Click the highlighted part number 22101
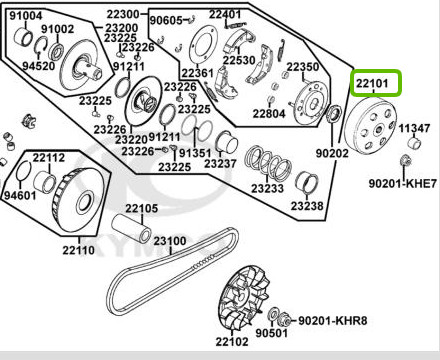pos(372,83)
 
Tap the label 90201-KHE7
pos(402,183)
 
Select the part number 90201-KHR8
pos(332,321)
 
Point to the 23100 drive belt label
pos(170,241)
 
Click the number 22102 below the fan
pos(232,342)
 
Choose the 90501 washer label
pos(271,333)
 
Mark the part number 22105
pos(141,209)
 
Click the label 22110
pos(79,250)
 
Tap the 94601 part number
pos(20,195)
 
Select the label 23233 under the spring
pos(267,189)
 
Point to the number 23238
pos(307,206)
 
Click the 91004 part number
pos(26,16)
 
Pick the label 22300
pos(123,14)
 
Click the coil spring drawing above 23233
pos(268,161)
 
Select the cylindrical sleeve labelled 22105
pos(131,228)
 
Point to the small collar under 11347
pos(415,144)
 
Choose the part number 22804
pos(269,114)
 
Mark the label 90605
pos(166,20)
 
